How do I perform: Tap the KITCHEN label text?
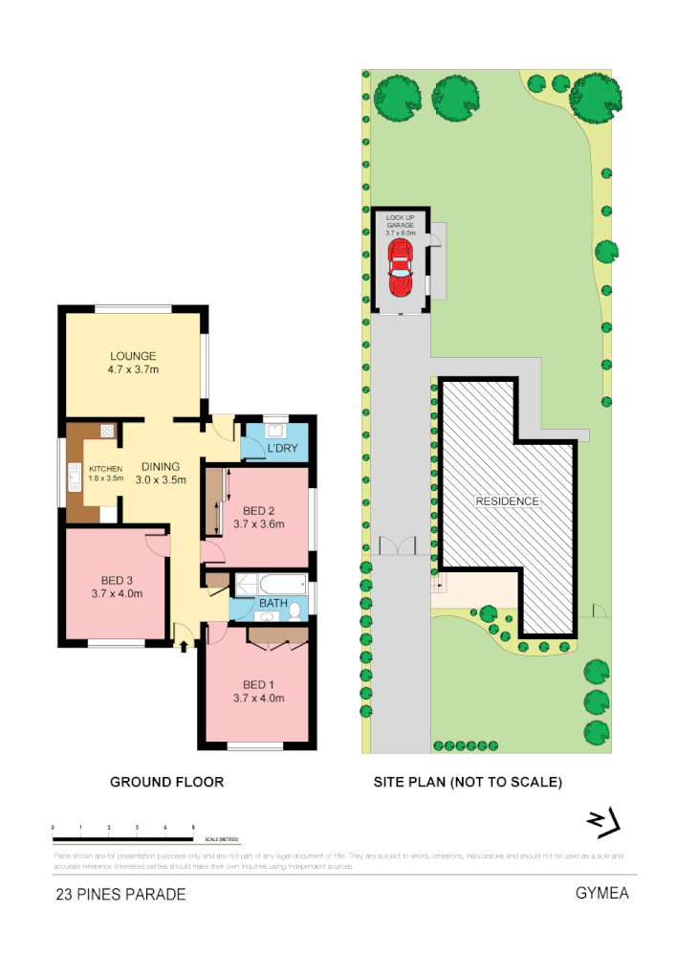click(106, 468)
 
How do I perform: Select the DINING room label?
click(159, 467)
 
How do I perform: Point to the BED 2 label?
click(258, 509)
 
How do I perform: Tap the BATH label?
click(273, 604)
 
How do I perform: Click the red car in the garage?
click(400, 269)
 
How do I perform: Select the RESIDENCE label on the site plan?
click(508, 501)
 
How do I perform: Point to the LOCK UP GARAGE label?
click(400, 224)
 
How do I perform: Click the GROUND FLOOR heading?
click(166, 782)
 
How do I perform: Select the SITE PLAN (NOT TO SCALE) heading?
click(467, 782)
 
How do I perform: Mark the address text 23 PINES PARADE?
click(120, 895)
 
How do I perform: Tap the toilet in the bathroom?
click(295, 611)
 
